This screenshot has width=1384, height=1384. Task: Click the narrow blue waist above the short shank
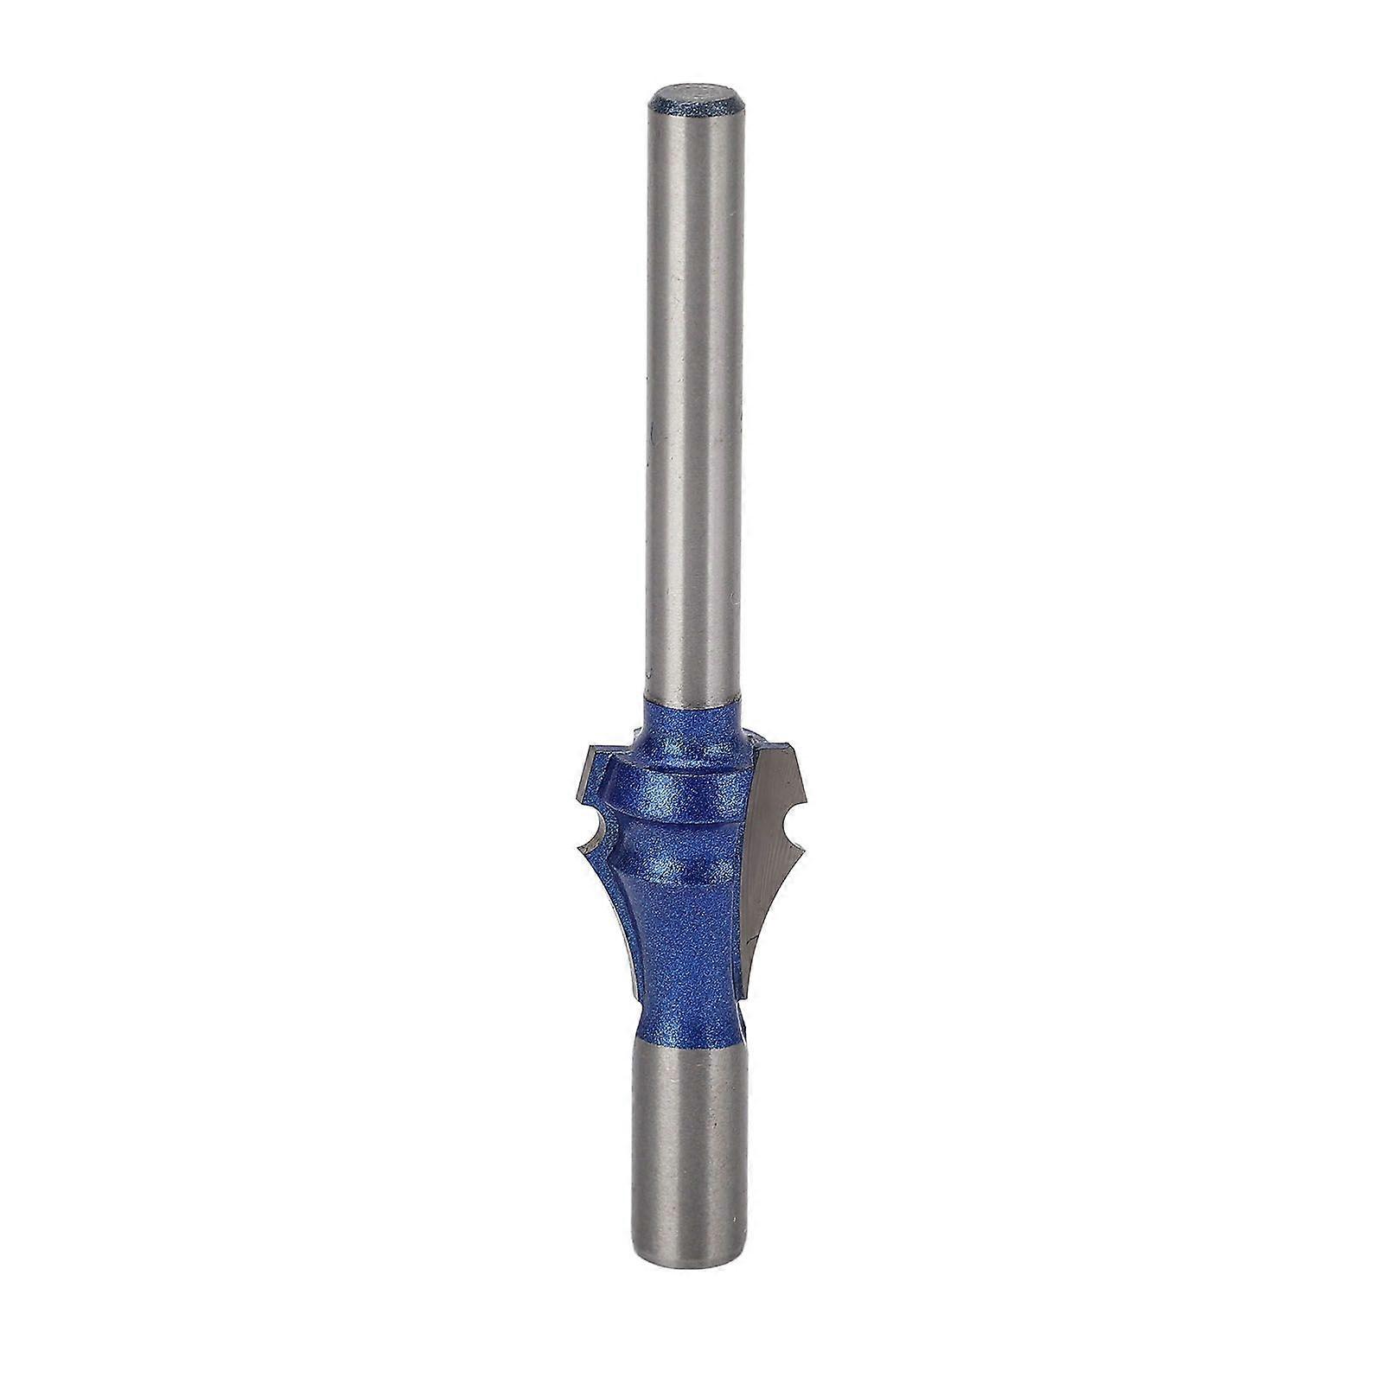(x=691, y=1024)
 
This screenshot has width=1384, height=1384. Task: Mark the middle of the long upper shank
(x=694, y=389)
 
